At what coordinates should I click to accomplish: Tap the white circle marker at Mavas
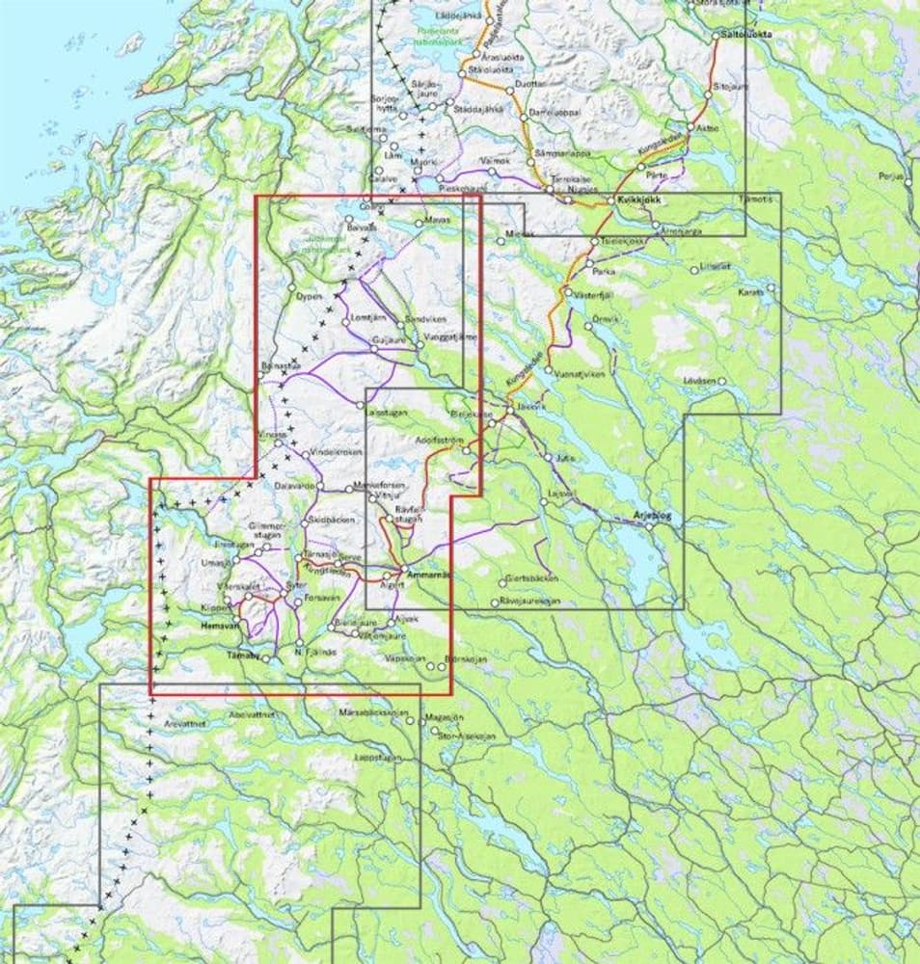(418, 223)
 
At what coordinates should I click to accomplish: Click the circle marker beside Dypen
(292, 286)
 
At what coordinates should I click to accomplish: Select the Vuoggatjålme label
(450, 337)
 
